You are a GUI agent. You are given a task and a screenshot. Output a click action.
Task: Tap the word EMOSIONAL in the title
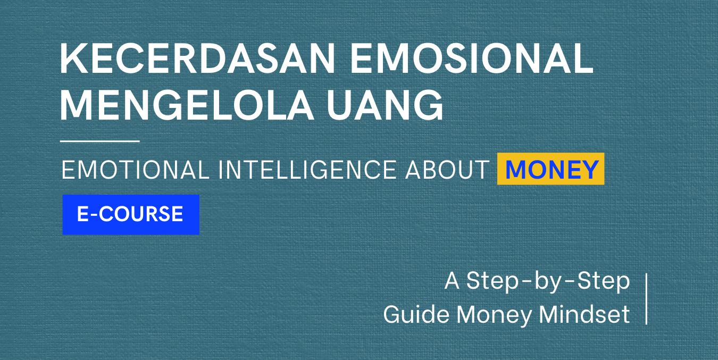click(x=472, y=59)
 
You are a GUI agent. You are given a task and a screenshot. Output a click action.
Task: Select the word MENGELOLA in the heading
click(x=187, y=105)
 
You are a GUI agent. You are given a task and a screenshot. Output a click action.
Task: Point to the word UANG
click(x=385, y=105)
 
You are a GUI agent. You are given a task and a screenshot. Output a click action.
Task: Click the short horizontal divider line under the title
click(x=99, y=141)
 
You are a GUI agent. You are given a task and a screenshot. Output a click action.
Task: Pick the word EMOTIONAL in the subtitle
click(x=135, y=170)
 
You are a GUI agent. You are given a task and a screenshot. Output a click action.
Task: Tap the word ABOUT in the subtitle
click(x=447, y=170)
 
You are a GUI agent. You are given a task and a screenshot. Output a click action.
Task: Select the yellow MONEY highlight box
click(x=550, y=169)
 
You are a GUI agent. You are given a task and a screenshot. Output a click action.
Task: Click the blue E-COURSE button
click(x=131, y=214)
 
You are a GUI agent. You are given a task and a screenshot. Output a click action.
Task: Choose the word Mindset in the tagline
click(x=585, y=314)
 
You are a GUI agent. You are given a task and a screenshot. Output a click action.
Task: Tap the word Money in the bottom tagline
click(x=494, y=315)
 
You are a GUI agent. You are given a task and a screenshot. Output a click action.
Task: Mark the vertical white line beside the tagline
click(x=646, y=299)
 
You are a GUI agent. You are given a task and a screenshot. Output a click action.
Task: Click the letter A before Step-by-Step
click(x=452, y=281)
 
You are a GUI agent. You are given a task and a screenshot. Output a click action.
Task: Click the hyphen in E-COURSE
click(x=94, y=215)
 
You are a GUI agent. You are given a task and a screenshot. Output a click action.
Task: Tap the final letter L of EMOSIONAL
click(x=582, y=59)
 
